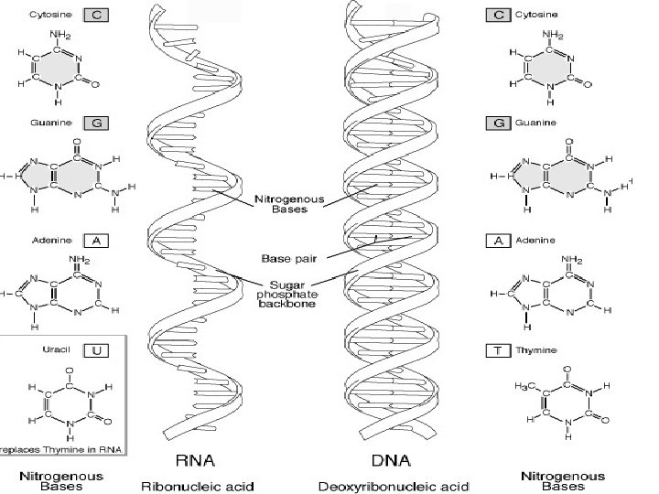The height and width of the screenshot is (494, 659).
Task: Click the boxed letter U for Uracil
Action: click(x=96, y=349)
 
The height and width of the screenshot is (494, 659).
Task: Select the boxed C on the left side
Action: click(x=96, y=15)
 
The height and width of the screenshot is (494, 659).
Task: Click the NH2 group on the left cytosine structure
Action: click(x=61, y=36)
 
